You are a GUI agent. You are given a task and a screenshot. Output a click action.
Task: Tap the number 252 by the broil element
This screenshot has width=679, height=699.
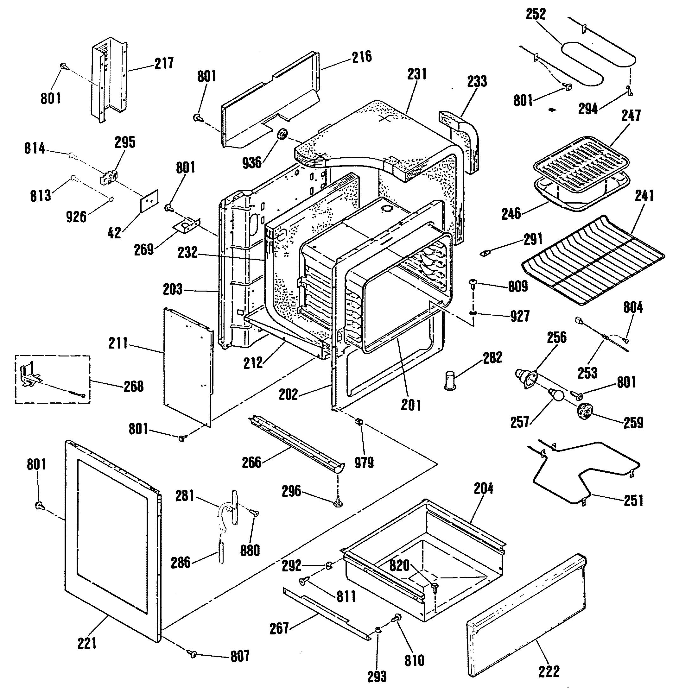coord(536,14)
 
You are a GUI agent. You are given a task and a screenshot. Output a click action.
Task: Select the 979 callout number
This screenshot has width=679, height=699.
coord(364,463)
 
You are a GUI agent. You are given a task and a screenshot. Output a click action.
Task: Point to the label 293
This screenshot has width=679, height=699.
coord(377,677)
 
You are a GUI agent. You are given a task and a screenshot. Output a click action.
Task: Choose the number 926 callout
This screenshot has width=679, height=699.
coord(76,217)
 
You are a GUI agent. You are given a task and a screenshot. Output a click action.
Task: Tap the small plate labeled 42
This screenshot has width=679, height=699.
coord(149,201)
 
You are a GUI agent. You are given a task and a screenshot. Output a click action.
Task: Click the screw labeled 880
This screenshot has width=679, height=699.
coord(254,513)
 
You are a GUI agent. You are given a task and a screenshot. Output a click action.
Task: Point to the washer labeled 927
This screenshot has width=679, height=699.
coord(473,313)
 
